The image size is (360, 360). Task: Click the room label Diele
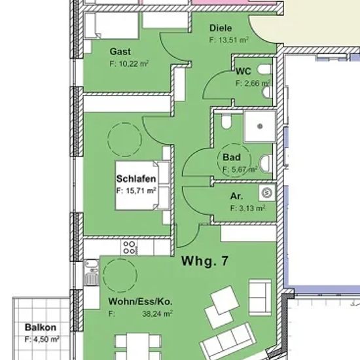click(x=221, y=28)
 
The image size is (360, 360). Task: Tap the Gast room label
click(x=120, y=52)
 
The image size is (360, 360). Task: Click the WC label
click(x=243, y=71)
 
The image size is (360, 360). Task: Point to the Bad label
click(x=232, y=157)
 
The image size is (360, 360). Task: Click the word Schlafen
click(x=136, y=179)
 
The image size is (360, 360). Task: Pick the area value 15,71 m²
click(x=141, y=190)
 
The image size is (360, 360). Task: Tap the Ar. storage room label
click(x=236, y=196)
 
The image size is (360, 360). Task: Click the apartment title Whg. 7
click(x=205, y=261)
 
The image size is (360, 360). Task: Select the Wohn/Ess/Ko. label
click(x=140, y=302)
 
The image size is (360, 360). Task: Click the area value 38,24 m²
click(x=158, y=314)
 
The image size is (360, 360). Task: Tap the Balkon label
click(x=41, y=327)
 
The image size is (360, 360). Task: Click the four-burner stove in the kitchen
click(x=129, y=247)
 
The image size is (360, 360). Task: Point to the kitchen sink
click(x=92, y=272)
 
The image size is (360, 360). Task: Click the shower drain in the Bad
click(x=260, y=126)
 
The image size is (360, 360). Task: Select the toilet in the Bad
click(x=226, y=121)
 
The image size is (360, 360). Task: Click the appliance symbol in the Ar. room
click(x=267, y=192)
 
